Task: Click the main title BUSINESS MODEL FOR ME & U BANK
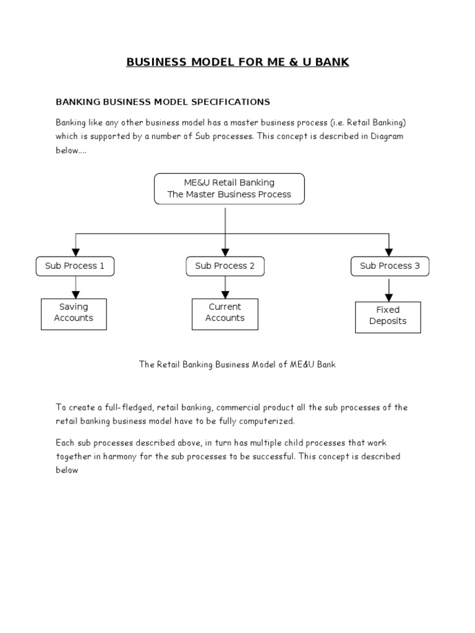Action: [x=237, y=62]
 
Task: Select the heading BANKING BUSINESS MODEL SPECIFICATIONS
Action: [x=163, y=101]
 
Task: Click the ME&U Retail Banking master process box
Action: [x=229, y=189]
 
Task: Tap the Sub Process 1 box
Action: [x=75, y=266]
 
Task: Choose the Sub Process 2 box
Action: [x=225, y=266]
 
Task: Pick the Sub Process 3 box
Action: [x=390, y=266]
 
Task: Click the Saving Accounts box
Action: [x=74, y=313]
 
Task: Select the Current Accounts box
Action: [x=225, y=313]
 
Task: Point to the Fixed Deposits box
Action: [x=388, y=316]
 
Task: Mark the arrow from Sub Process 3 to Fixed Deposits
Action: [x=389, y=289]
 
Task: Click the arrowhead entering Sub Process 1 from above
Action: [x=75, y=252]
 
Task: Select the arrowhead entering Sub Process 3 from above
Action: [x=389, y=252]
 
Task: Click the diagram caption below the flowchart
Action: [x=237, y=365]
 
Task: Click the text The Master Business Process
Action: [x=229, y=194]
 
